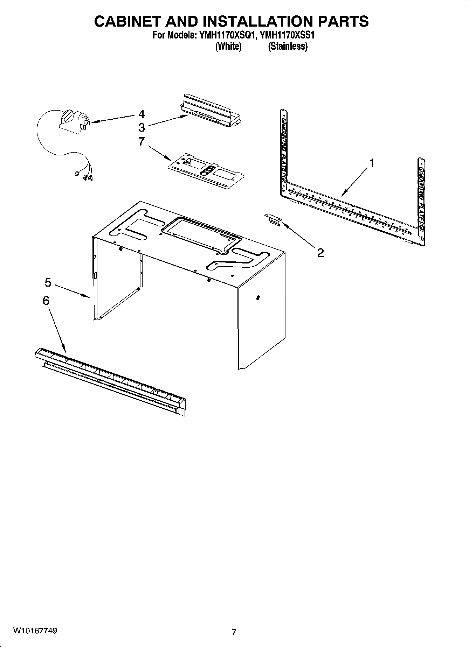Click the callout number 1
coord(372,163)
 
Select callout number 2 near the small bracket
coord(320,252)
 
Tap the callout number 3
coord(142,127)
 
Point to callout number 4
coord(142,114)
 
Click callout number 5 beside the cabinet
coord(48,282)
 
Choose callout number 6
coord(46,301)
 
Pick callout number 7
coord(142,141)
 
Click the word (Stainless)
coord(288,46)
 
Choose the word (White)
coord(228,46)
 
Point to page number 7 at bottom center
coord(234,632)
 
